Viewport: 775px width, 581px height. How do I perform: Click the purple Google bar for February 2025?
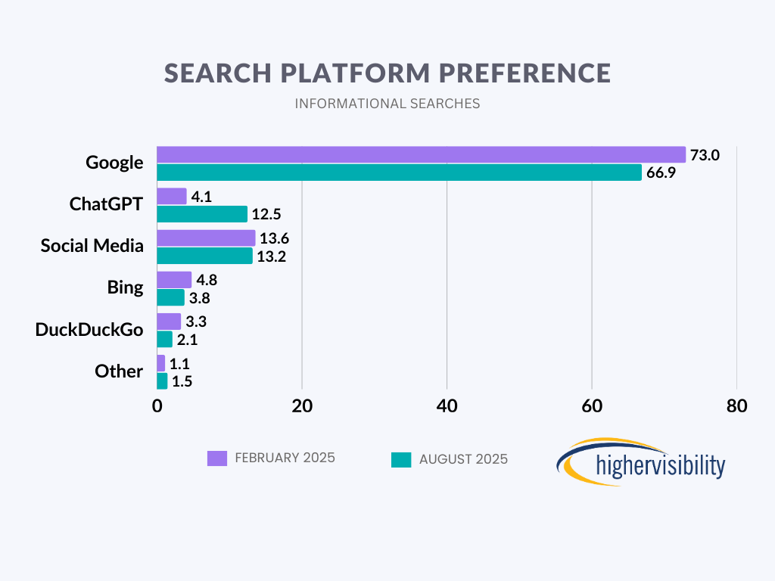(x=421, y=154)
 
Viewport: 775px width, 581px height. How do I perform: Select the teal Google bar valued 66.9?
(x=399, y=172)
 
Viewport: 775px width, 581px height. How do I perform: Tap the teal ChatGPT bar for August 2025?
(x=202, y=214)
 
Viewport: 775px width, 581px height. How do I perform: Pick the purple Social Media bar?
(x=206, y=238)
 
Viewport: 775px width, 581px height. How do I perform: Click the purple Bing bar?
(x=174, y=280)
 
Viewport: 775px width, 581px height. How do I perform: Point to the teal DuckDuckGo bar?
(x=164, y=339)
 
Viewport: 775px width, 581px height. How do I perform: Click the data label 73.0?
(x=704, y=155)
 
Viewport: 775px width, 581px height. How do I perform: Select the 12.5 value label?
(x=266, y=215)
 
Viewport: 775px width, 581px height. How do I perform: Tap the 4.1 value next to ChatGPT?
(x=202, y=197)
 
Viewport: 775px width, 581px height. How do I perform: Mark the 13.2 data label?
(x=271, y=256)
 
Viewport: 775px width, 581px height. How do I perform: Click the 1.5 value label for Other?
(x=182, y=381)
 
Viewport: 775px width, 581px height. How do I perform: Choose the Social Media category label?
(x=92, y=246)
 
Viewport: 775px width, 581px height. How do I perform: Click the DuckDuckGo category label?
(x=89, y=330)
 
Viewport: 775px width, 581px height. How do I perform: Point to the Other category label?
(x=119, y=371)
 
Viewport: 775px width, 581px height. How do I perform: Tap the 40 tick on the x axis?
(x=447, y=405)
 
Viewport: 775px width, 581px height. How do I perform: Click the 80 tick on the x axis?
(x=736, y=405)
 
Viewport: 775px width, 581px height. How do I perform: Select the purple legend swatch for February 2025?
(x=217, y=458)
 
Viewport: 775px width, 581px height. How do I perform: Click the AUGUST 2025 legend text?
(x=463, y=459)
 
